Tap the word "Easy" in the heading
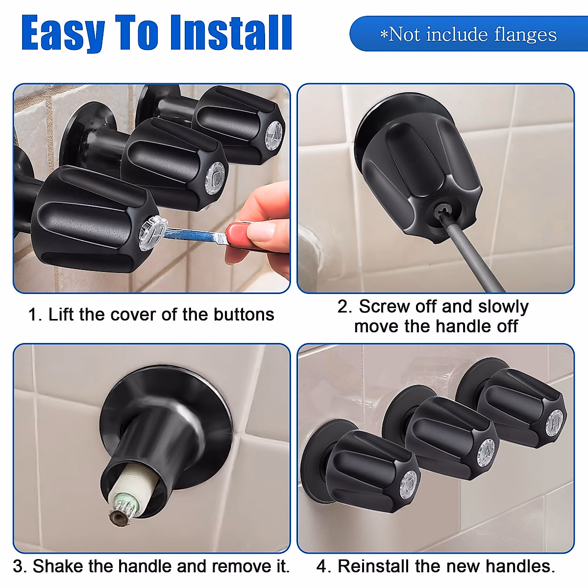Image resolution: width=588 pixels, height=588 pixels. [63, 33]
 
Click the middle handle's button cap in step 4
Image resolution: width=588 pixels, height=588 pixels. [486, 452]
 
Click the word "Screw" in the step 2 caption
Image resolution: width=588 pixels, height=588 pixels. [384, 307]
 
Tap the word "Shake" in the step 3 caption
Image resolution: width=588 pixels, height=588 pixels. [58, 566]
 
